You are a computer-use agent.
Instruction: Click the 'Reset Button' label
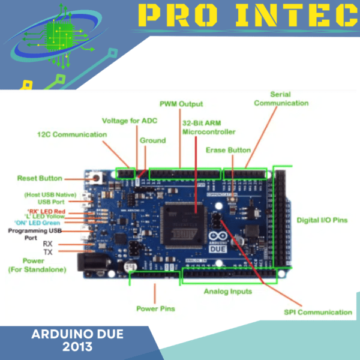(40, 178)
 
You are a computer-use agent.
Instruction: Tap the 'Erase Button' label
(228, 149)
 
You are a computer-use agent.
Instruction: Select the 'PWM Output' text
(181, 104)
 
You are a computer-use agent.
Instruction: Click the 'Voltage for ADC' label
(130, 121)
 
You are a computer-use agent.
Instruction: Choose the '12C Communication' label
(72, 134)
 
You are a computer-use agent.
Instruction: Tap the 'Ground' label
(152, 140)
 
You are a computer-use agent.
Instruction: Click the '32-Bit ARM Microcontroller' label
(208, 127)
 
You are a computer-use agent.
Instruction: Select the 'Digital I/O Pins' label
(322, 220)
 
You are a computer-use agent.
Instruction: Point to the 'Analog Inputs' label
(227, 292)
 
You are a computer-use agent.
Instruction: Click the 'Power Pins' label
(155, 308)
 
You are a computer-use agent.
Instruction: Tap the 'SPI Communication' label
(317, 312)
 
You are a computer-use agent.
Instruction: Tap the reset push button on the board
(94, 178)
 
